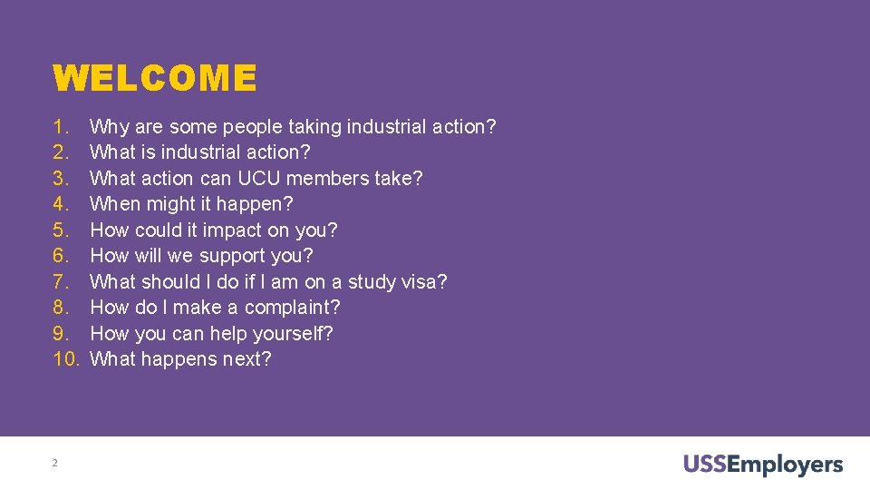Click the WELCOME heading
155,78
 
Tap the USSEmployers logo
763,465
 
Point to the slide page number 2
54,464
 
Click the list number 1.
61,127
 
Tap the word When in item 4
115,204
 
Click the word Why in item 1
109,127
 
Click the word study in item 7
375,282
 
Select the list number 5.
61,230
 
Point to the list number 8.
61,308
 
